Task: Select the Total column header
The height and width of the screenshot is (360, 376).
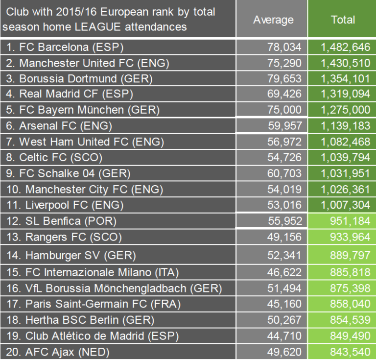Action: pyautogui.click(x=342, y=20)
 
